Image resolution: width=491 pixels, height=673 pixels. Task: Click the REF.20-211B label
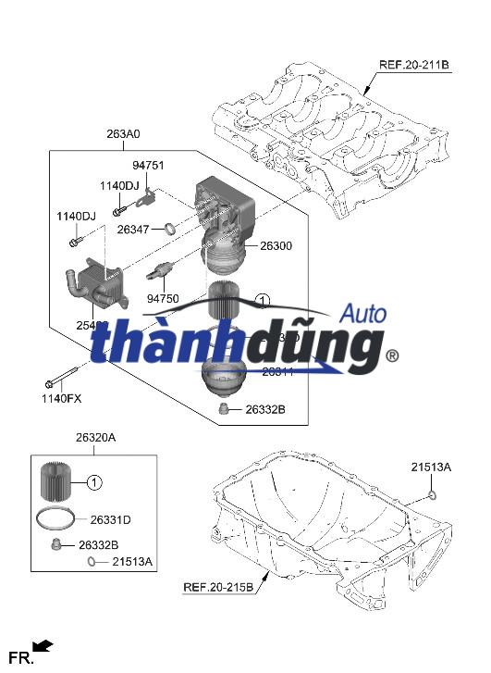(x=413, y=66)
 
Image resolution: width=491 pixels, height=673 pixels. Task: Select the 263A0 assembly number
(x=123, y=134)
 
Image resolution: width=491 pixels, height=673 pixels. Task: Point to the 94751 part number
(x=148, y=166)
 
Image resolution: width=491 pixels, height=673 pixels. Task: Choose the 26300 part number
(x=276, y=246)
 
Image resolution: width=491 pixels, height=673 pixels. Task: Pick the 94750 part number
(x=164, y=299)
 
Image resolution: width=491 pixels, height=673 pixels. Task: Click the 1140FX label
(x=61, y=398)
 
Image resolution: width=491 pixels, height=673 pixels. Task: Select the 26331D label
(x=111, y=520)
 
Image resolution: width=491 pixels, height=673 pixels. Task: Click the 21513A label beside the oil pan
(x=431, y=467)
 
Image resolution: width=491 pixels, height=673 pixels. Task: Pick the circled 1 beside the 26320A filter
(x=95, y=481)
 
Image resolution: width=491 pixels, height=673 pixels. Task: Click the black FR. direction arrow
(x=43, y=646)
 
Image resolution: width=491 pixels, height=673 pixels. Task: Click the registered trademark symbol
(x=391, y=355)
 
